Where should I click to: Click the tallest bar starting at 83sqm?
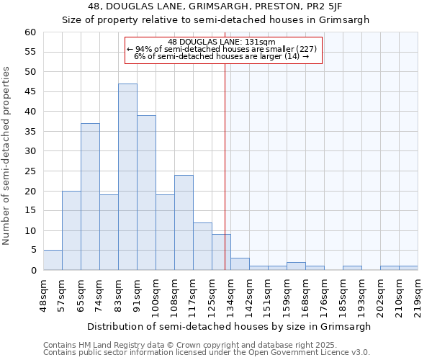[127, 177]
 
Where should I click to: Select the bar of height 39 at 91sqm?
[146, 193]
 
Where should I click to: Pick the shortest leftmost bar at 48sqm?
[53, 261]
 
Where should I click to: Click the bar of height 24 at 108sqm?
[184, 222]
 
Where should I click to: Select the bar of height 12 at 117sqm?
[202, 246]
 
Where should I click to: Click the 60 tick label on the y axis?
[30, 32]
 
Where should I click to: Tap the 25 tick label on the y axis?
[30, 171]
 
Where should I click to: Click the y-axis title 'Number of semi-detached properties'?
[7, 156]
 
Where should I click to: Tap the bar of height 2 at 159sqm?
[296, 266]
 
